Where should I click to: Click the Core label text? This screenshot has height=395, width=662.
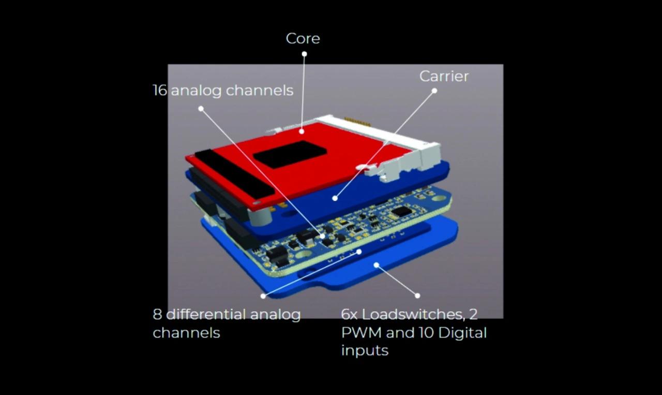click(303, 38)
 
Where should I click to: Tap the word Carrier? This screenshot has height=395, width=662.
click(444, 76)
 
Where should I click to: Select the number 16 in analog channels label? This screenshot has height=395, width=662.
click(160, 90)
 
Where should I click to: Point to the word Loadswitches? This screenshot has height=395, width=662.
click(413, 314)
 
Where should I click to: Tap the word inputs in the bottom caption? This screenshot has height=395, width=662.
click(365, 351)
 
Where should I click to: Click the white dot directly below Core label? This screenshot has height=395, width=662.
click(304, 54)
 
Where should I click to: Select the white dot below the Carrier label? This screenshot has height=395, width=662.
click(434, 91)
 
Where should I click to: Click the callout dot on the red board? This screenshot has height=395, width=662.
click(302, 131)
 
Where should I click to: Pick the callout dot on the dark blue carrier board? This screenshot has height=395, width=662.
click(335, 198)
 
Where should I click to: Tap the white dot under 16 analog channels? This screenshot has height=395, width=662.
click(201, 109)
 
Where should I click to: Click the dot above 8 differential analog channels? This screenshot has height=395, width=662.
click(263, 296)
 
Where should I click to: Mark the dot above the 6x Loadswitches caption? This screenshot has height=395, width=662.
click(417, 295)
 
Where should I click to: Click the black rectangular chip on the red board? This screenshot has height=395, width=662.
click(290, 154)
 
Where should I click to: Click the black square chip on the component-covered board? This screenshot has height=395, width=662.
click(401, 211)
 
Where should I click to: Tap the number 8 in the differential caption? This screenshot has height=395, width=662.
click(157, 314)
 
